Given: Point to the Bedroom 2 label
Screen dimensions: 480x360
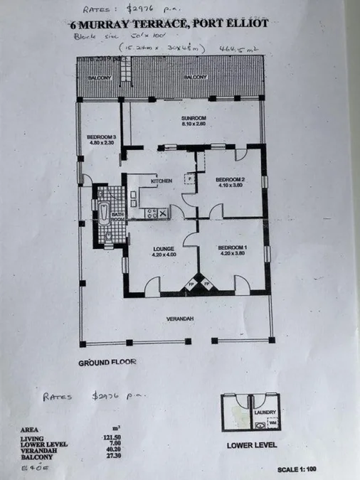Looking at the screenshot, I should coord(230,178).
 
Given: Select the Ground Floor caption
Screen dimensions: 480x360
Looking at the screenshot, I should coord(107,362).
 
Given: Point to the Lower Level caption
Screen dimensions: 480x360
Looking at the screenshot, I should coord(251,446).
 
